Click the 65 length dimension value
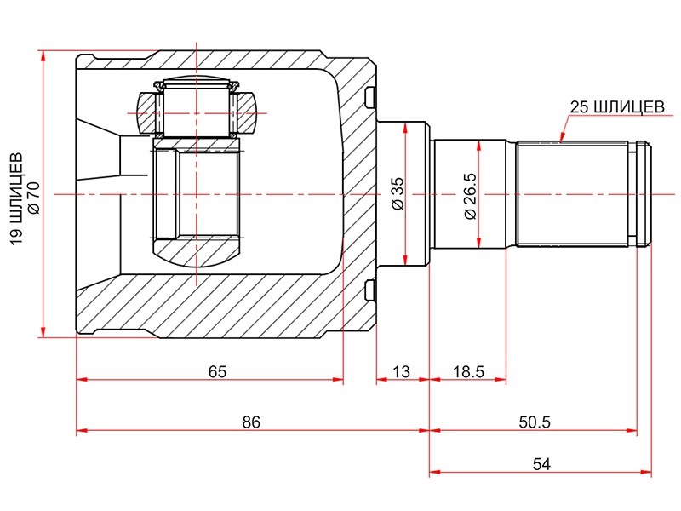[217, 372]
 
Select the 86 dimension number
[251, 422]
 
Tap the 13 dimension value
[401, 372]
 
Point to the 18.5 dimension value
[469, 372]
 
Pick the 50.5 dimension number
[535, 422]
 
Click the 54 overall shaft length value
[541, 464]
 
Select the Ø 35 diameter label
[398, 193]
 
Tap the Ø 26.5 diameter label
[471, 196]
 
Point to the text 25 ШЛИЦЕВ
[617, 107]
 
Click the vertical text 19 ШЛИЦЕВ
[16, 198]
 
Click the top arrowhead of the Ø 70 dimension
[43, 55]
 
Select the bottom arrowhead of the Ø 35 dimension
[405, 261]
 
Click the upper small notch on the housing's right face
[370, 97]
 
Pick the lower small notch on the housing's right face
[370, 290]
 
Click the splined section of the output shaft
[572, 194]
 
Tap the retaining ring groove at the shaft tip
[632, 194]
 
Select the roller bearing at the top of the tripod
[197, 108]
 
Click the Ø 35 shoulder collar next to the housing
[403, 194]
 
